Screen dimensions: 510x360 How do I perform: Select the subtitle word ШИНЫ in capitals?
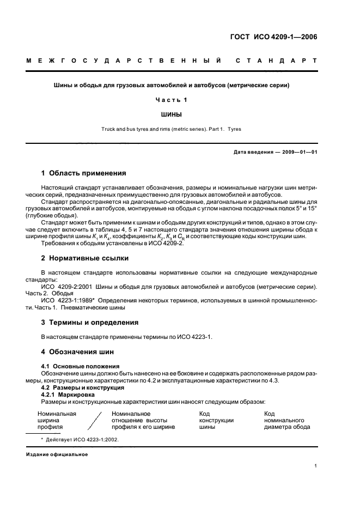[172, 114]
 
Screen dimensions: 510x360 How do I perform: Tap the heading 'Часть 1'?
[172, 100]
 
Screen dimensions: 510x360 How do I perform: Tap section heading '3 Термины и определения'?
[90, 322]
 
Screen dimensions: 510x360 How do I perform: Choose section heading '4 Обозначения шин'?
[77, 351]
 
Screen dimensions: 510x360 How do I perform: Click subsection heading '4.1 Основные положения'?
[81, 366]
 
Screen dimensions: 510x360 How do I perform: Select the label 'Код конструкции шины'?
[216, 420]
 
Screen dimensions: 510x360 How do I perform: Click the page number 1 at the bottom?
[316, 466]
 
